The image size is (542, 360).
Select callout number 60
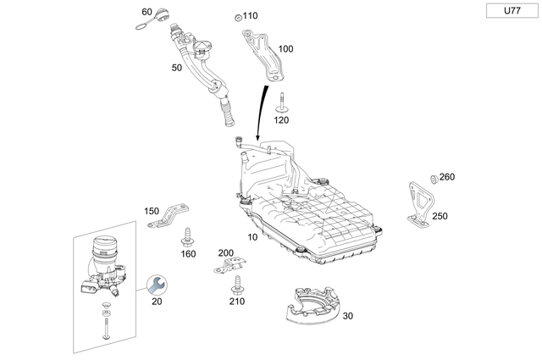point(147,12)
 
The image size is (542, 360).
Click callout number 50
point(177,67)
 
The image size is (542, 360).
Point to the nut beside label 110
point(238,17)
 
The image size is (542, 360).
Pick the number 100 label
point(285,49)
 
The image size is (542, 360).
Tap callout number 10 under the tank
point(252,237)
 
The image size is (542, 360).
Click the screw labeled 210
point(237,283)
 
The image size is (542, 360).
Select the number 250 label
point(440,216)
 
